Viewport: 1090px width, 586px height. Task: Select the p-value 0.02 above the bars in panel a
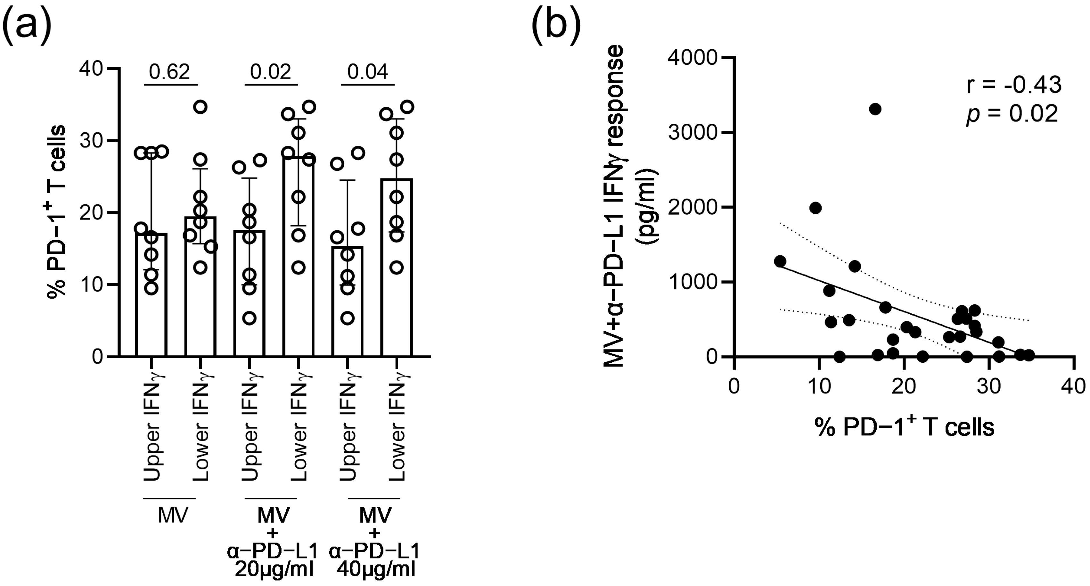coord(271,72)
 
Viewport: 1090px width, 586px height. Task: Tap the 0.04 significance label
coord(367,72)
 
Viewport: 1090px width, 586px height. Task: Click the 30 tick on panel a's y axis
coord(91,141)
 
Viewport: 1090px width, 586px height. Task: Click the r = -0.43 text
coord(1014,85)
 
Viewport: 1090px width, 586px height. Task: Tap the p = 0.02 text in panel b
coord(1011,114)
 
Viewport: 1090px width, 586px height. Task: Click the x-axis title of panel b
coord(904,428)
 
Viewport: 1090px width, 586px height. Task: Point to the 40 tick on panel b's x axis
coord(1074,386)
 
